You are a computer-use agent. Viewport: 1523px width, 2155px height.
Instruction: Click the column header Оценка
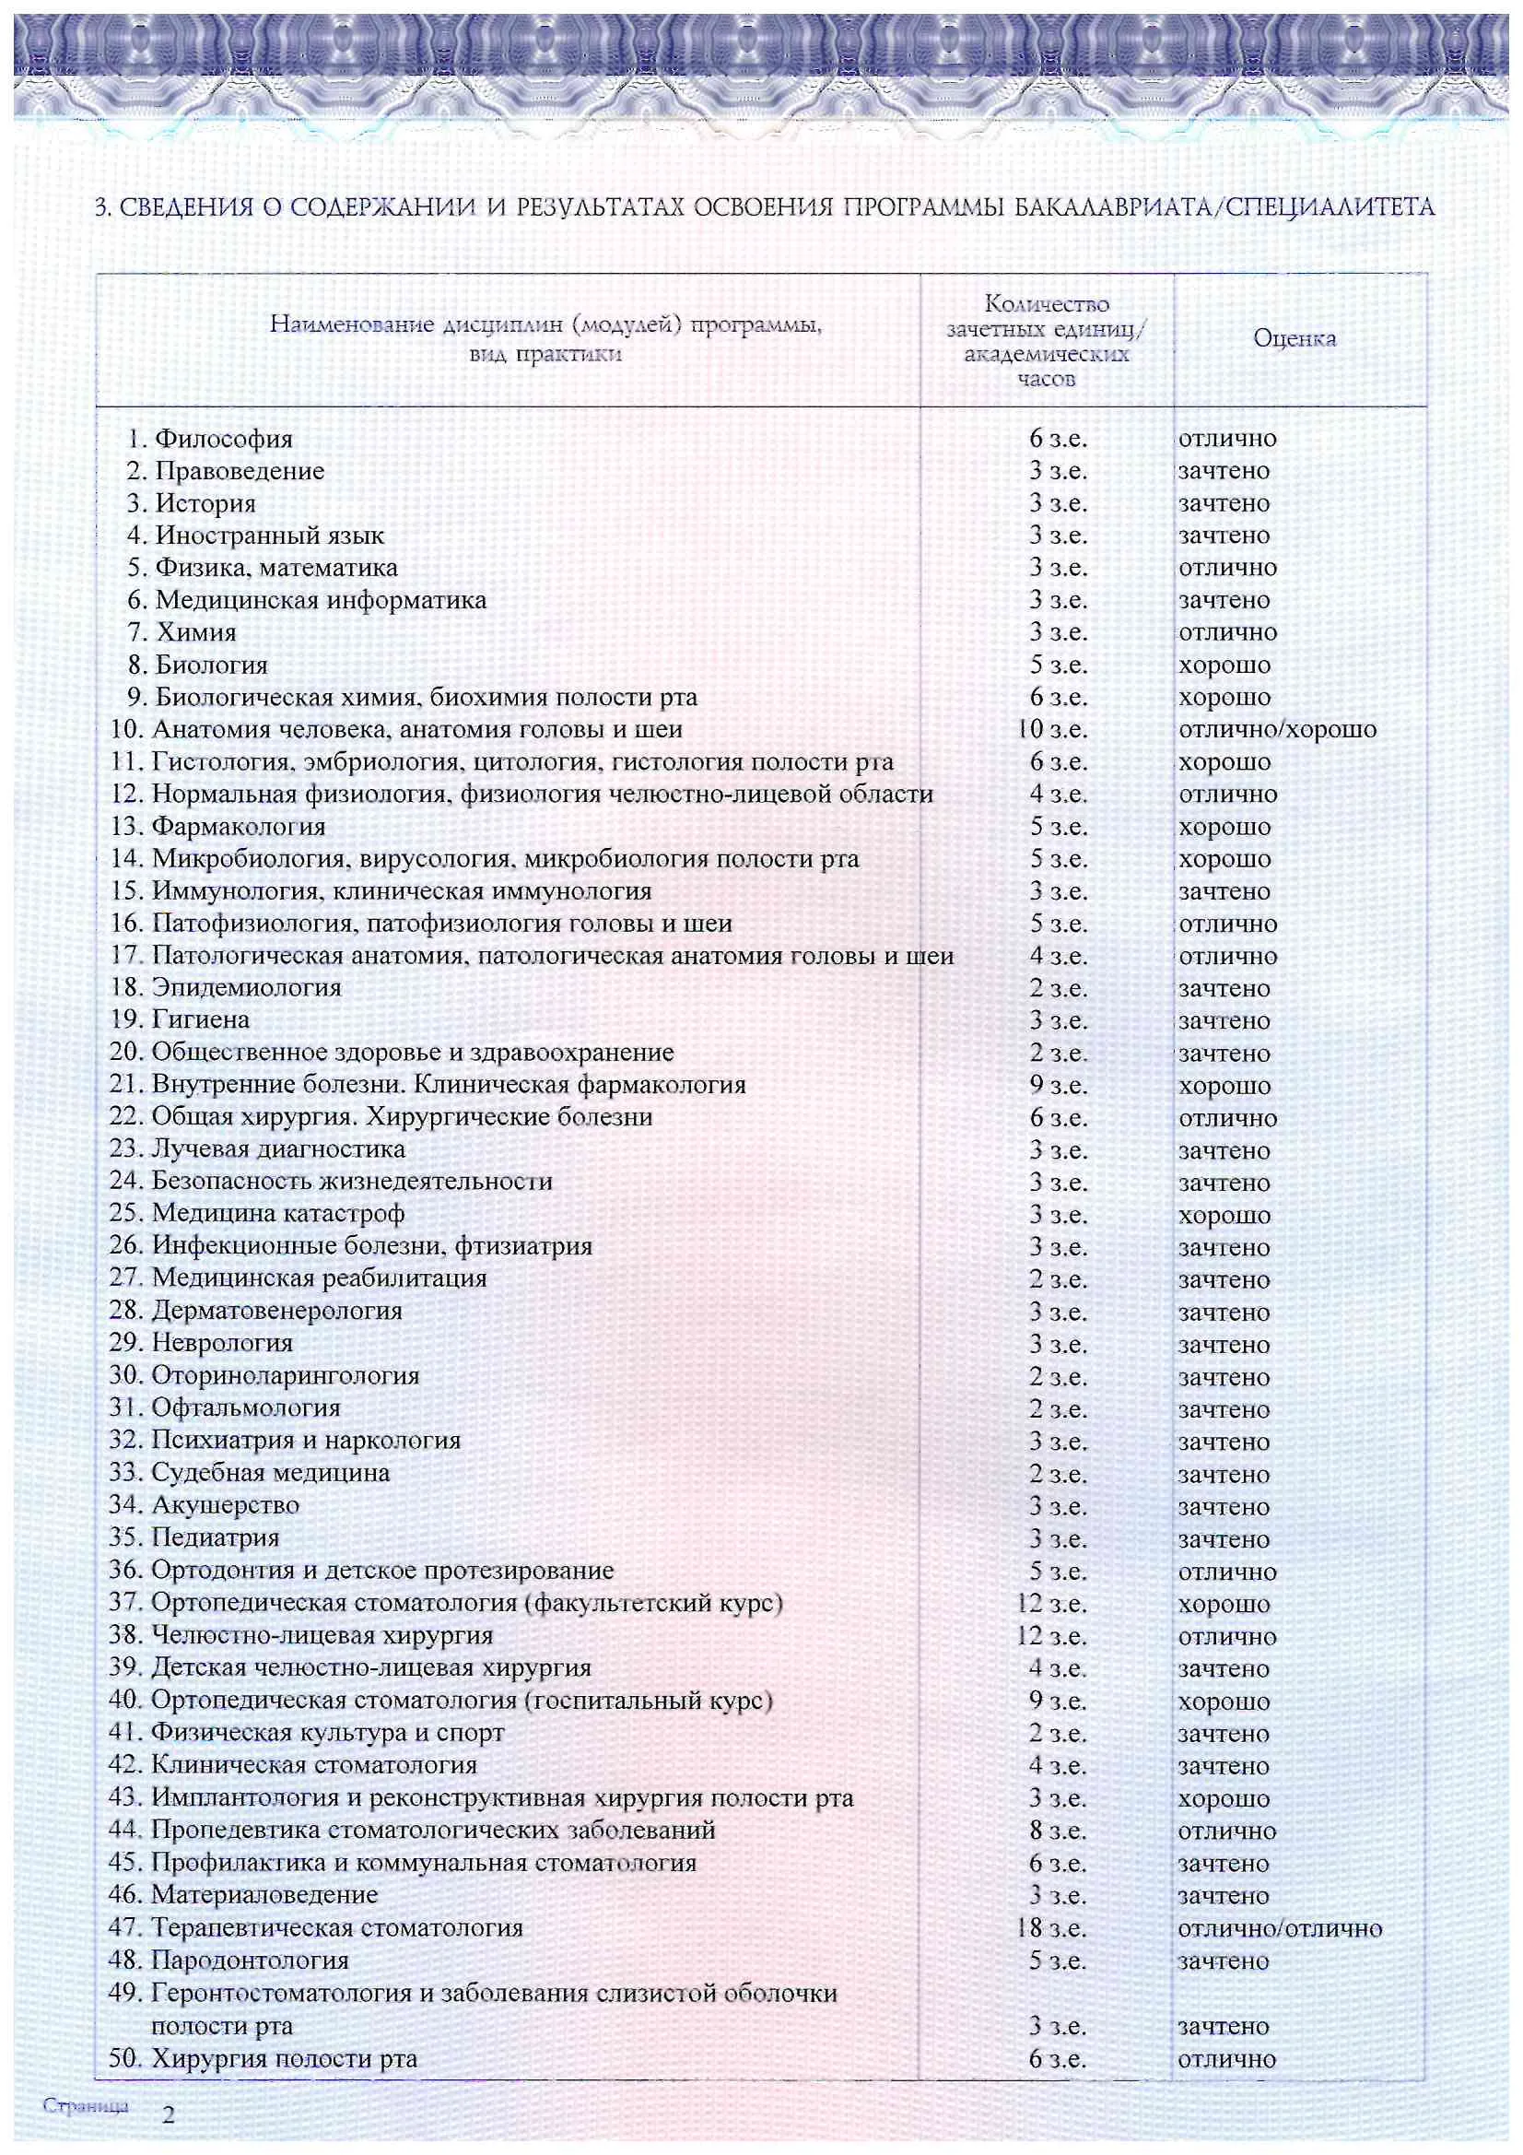coord(1294,339)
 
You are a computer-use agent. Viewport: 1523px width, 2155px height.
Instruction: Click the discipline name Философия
coord(223,439)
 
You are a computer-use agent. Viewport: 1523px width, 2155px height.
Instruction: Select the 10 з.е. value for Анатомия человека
coord(1052,729)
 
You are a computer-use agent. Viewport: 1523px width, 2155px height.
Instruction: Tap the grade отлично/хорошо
coord(1277,729)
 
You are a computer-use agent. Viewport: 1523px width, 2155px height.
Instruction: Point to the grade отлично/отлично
coord(1280,1929)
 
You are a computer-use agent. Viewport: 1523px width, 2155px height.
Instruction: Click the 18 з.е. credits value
coord(1052,1929)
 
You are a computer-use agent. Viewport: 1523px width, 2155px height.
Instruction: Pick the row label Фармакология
coord(239,827)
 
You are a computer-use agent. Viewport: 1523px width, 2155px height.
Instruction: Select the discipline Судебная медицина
coord(270,1473)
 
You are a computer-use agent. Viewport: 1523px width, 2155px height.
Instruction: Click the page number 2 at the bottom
coord(169,2114)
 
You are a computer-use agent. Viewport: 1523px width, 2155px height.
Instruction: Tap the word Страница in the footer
coord(86,2105)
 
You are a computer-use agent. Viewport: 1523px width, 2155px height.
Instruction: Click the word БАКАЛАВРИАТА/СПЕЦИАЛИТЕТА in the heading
coord(1224,207)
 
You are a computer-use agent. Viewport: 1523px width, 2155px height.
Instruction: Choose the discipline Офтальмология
coord(246,1407)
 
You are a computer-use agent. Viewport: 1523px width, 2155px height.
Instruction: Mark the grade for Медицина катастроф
coord(1224,1216)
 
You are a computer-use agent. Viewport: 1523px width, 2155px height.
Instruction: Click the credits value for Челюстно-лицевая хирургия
coord(1052,1636)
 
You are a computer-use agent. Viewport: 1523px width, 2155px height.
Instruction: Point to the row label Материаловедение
coord(264,1895)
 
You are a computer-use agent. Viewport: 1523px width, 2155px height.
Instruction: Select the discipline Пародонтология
coord(250,1961)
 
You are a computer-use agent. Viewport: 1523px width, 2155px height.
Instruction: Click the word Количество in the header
coord(1047,304)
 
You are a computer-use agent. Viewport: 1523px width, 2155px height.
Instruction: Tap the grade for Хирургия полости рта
coord(1226,2059)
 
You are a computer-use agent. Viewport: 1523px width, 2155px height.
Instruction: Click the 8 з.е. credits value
coord(1058,1831)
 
